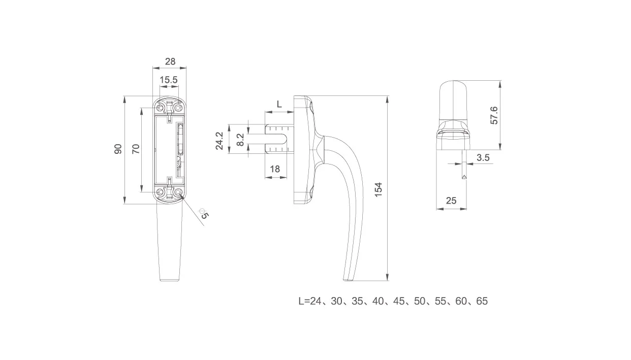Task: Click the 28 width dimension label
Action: tap(170, 61)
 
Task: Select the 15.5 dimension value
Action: tap(169, 80)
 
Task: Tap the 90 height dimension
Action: tap(118, 149)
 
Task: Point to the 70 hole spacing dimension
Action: tap(136, 149)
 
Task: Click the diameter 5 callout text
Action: tap(204, 214)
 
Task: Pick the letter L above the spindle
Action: tap(279, 104)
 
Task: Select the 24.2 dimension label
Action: tap(219, 141)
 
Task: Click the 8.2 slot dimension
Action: tap(240, 140)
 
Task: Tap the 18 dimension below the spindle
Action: tap(275, 169)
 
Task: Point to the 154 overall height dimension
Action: tap(378, 190)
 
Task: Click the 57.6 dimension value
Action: tap(494, 115)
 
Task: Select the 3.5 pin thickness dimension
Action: tap(483, 157)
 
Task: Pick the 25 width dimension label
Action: tap(451, 201)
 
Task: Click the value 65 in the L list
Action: tap(482, 301)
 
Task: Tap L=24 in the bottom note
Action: tap(310, 301)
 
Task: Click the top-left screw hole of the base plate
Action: tap(160, 108)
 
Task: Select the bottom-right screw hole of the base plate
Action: tap(178, 192)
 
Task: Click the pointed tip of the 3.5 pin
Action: tap(464, 179)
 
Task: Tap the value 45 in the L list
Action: tap(399, 301)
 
